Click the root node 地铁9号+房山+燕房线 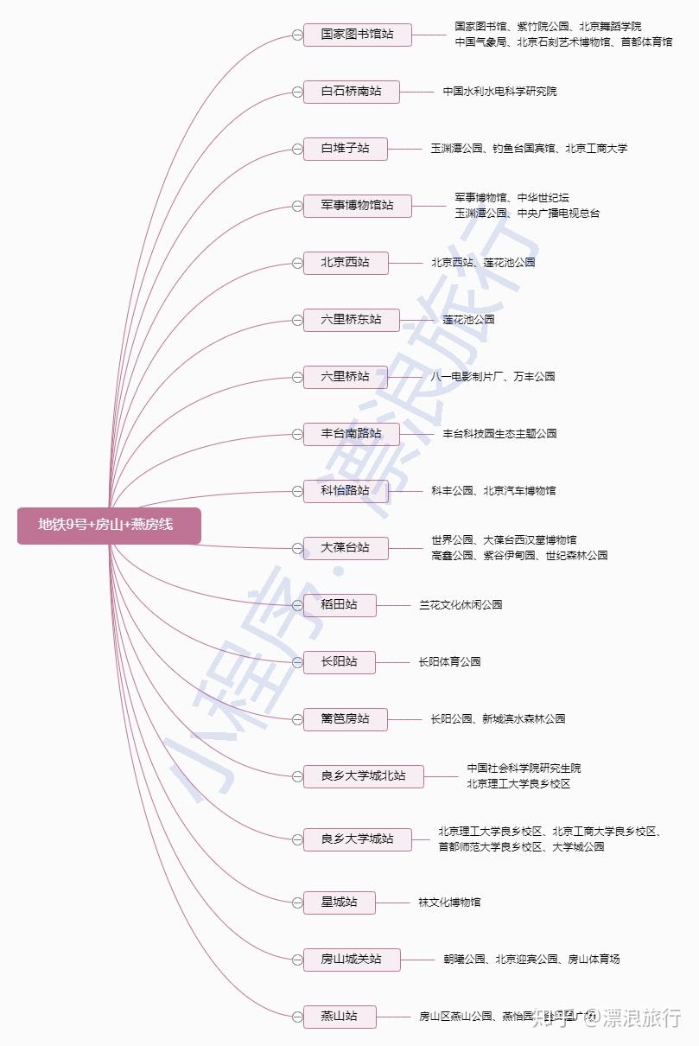pos(109,525)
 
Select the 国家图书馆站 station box pos(357,35)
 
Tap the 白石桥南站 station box pos(351,92)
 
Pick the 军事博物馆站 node pos(357,206)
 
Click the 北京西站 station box pos(345,263)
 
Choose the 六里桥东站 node pos(351,320)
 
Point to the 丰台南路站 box pos(351,434)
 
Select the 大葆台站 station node pos(345,548)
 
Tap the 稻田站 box pos(339,605)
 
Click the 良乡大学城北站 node pos(363,776)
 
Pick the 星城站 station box pos(339,902)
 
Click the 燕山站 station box pos(339,1017)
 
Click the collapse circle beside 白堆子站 pos(297,149)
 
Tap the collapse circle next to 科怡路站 pos(297,491)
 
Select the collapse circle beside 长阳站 pos(297,662)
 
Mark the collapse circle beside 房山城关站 pos(297,960)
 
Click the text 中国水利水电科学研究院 pos(499,92)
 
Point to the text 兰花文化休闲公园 pos(461,605)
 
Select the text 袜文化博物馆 pos(449,902)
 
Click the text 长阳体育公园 pos(449,662)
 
